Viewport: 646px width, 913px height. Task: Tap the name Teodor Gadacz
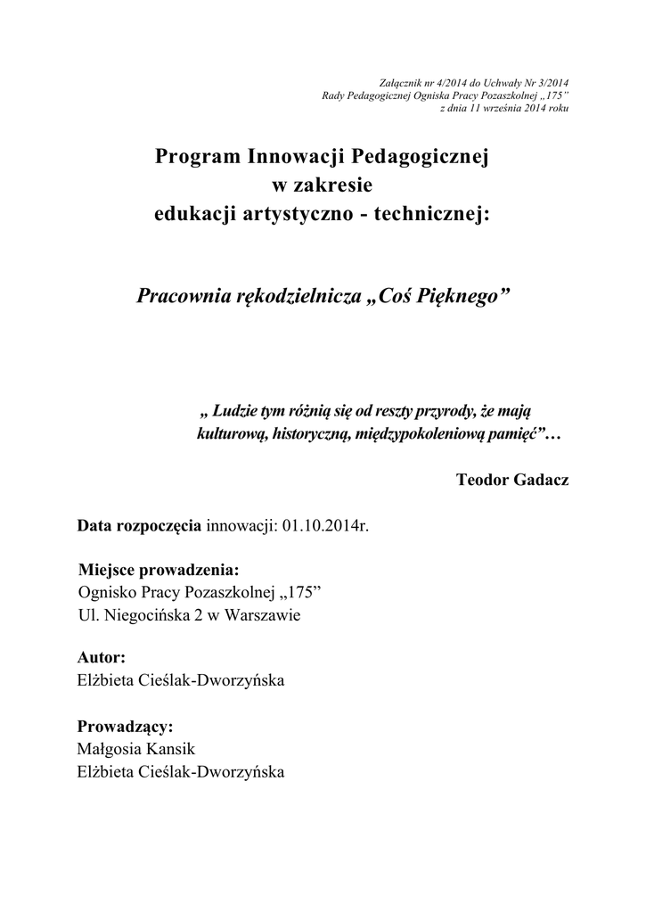pos(511,480)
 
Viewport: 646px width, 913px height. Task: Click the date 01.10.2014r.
pos(325,526)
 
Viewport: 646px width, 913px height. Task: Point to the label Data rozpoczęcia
pos(140,526)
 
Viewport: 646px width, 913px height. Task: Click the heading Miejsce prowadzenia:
pos(159,569)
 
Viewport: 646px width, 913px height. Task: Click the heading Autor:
pos(102,658)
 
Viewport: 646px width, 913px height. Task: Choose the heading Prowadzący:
pos(125,726)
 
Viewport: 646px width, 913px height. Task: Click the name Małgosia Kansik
pos(136,749)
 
